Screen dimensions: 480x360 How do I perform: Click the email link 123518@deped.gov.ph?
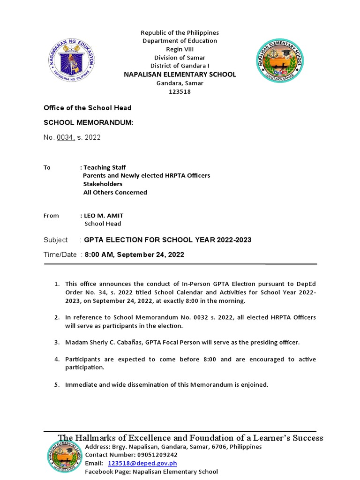[142, 463]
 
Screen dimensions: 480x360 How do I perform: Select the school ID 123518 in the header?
[180, 92]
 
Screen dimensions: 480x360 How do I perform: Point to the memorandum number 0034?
[65, 138]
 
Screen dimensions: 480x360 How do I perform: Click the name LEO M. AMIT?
[104, 216]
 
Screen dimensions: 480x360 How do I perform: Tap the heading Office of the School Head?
[87, 108]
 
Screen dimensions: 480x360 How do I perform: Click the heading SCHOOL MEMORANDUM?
[89, 122]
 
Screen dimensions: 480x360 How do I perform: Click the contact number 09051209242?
[157, 455]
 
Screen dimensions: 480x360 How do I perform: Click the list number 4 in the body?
[56, 360]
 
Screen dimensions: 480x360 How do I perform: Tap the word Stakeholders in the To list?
[103, 184]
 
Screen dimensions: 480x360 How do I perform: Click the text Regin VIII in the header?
[180, 49]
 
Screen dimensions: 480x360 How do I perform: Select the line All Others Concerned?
[115, 192]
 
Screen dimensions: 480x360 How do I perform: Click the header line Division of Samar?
[180, 58]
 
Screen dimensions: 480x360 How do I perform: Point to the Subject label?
[56, 240]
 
